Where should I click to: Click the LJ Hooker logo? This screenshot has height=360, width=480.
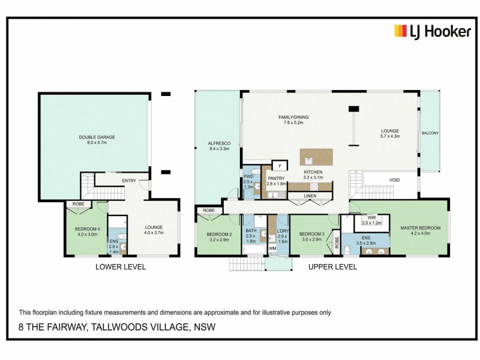pos(432,32)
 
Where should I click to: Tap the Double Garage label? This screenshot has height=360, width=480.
pos(97,137)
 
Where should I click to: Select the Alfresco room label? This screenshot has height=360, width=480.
pos(216,143)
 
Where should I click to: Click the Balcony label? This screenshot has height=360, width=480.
pos(430,133)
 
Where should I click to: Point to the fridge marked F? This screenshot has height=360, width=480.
pos(279,166)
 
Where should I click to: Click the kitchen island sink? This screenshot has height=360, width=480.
pos(308,161)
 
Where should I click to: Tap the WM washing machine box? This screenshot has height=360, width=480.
pos(272,247)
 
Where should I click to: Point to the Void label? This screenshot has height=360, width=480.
pos(394,179)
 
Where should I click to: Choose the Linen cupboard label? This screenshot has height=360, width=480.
pos(310,196)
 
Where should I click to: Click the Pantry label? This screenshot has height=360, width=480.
pos(276,178)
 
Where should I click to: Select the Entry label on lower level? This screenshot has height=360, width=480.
pos(128,181)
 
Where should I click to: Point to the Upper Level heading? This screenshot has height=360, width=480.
pos(332,267)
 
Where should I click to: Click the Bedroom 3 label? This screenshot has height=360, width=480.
pos(312,233)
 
